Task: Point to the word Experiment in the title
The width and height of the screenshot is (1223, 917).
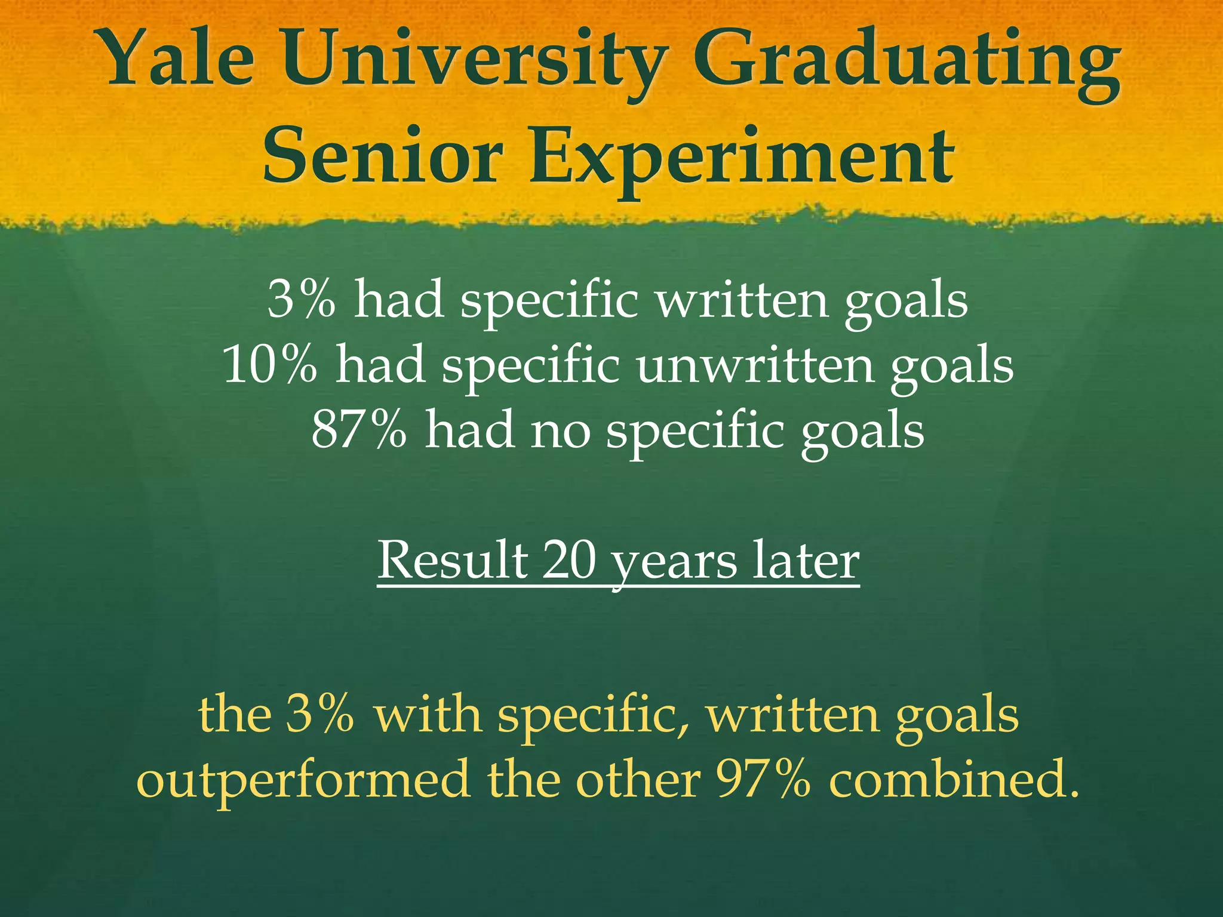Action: click(x=740, y=158)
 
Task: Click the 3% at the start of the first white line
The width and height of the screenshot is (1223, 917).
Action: click(x=301, y=299)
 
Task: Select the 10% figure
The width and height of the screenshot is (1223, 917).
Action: click(x=270, y=364)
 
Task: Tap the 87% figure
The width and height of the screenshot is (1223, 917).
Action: click(x=359, y=429)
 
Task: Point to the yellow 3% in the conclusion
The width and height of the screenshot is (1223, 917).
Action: click(x=319, y=714)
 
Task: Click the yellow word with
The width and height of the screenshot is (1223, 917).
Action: click(x=428, y=714)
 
